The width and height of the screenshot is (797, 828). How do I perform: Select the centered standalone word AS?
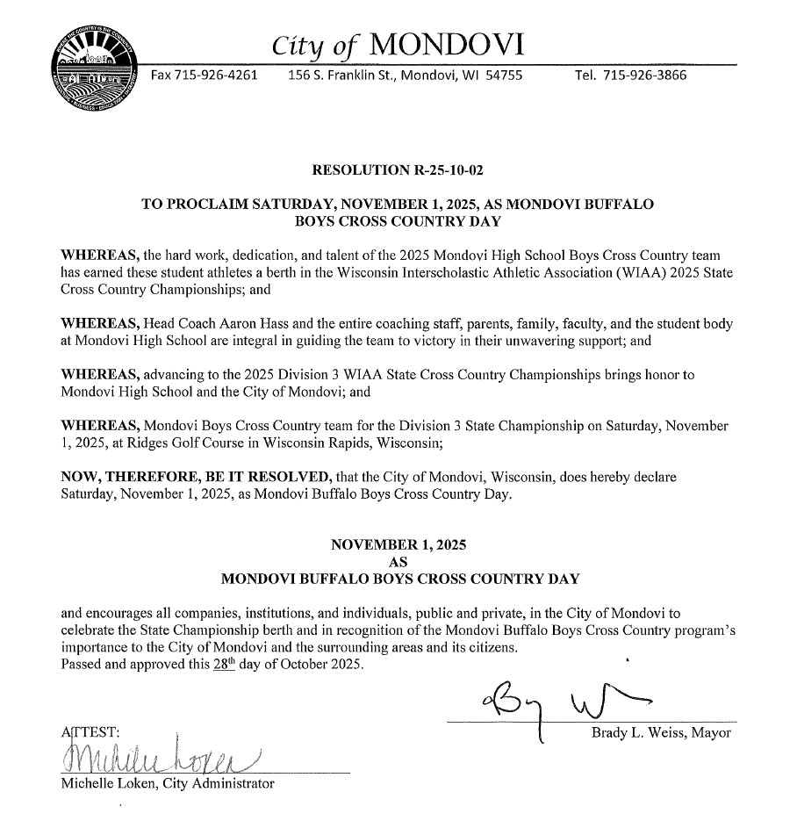(x=398, y=562)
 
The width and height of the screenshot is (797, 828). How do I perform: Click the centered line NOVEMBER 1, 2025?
(x=398, y=545)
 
